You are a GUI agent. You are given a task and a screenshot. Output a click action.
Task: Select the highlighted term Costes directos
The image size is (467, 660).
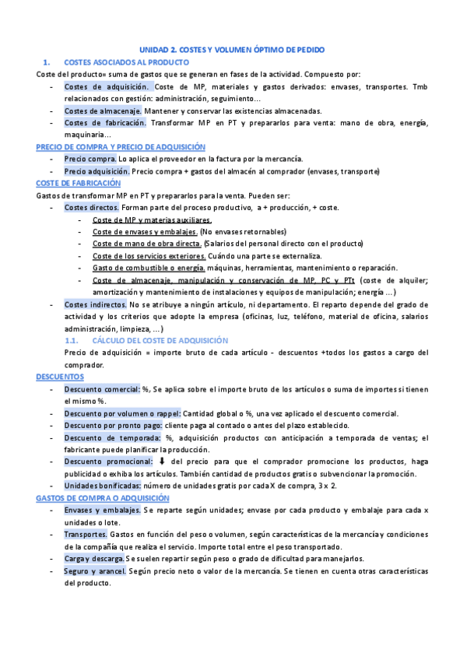pos(92,208)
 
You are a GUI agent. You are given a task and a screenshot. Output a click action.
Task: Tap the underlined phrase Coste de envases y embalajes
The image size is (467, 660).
pos(144,232)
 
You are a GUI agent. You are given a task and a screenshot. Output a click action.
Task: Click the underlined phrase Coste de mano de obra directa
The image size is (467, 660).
pos(147,244)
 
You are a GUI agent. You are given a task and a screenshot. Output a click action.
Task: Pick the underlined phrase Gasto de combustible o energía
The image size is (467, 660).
pos(142,268)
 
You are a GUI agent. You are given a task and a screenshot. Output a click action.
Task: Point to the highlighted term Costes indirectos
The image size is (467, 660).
pos(96,304)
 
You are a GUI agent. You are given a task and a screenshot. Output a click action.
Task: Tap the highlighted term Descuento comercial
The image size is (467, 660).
pos(102,388)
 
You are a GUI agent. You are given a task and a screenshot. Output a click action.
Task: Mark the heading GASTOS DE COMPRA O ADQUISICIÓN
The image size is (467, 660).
pos(108,497)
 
